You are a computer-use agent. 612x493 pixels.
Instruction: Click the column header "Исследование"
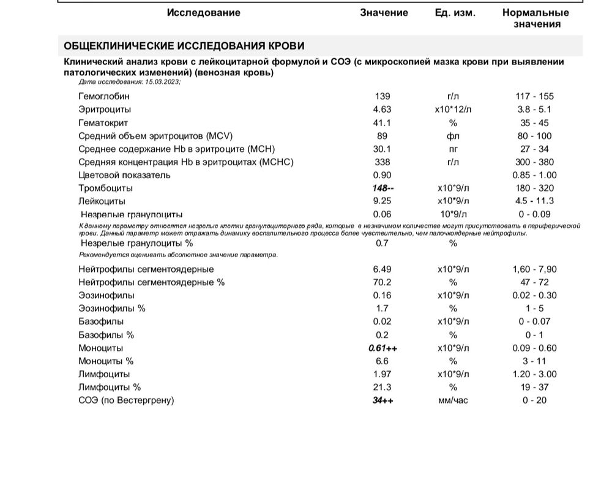203,13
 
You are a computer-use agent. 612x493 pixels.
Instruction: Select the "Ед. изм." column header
455,13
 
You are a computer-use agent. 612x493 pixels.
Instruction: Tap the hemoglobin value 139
382,96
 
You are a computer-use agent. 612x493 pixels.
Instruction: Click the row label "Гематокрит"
103,122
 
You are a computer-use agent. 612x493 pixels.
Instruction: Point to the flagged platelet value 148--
383,188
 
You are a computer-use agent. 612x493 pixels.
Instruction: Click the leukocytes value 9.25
382,201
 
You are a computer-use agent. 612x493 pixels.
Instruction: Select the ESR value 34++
383,401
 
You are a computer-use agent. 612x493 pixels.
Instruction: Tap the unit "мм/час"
453,401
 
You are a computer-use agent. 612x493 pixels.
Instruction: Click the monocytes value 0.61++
383,348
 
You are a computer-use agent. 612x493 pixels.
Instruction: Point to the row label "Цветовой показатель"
124,175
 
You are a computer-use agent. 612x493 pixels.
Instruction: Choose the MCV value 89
382,136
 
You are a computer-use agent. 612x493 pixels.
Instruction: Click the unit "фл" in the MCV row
453,136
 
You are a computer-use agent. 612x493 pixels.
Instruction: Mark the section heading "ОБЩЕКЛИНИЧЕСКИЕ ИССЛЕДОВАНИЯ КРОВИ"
184,46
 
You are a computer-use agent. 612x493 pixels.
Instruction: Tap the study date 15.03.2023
162,81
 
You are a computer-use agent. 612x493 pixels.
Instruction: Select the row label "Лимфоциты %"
110,387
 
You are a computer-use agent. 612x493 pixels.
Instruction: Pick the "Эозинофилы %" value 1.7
382,308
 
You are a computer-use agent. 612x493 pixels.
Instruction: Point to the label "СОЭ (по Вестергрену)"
126,401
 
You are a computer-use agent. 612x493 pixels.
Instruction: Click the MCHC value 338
382,162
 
